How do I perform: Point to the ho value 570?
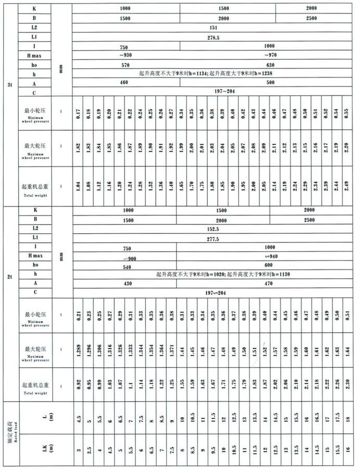[x=125, y=65]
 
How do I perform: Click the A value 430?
[x=125, y=283]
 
